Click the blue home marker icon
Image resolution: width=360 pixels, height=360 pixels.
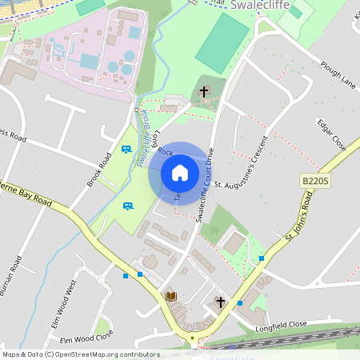180,173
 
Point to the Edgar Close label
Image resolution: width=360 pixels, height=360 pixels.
331,135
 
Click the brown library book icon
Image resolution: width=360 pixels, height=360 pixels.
170,296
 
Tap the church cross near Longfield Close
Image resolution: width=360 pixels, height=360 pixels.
221,302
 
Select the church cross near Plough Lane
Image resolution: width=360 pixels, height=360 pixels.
204,92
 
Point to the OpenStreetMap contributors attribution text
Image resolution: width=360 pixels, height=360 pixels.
81,354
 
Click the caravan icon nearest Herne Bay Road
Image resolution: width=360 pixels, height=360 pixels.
127,206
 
